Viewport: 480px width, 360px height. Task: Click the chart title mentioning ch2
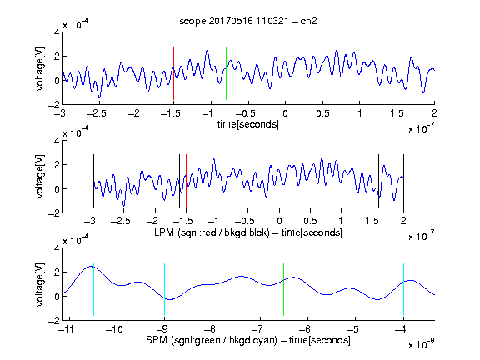pyautogui.click(x=248, y=21)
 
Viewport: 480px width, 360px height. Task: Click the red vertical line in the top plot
pyautogui.click(x=173, y=73)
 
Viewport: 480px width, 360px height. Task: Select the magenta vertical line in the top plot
pyautogui.click(x=397, y=73)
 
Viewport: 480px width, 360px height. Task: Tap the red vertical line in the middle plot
pyautogui.click(x=186, y=181)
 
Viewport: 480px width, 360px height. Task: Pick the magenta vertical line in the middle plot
pyautogui.click(x=372, y=181)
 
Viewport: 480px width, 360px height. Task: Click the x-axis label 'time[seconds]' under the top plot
pyautogui.click(x=248, y=124)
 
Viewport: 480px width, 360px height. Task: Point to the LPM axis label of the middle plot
pyautogui.click(x=248, y=232)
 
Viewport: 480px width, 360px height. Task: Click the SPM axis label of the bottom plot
pyautogui.click(x=248, y=340)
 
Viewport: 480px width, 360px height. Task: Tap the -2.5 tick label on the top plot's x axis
pyautogui.click(x=97, y=113)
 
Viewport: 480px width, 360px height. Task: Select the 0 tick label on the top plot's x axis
pyautogui.click(x=285, y=113)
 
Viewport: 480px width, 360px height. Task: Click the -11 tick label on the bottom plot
pyautogui.click(x=66, y=329)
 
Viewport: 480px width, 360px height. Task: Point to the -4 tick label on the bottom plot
pyautogui.click(x=400, y=329)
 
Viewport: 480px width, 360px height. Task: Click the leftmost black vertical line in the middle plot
pyautogui.click(x=93, y=181)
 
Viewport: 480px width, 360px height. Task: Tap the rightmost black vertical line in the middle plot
pyautogui.click(x=403, y=181)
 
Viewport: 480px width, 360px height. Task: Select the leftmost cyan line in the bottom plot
pyautogui.click(x=93, y=289)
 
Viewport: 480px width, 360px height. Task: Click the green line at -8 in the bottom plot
pyautogui.click(x=212, y=289)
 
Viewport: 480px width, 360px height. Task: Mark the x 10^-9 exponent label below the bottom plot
pyautogui.click(x=422, y=344)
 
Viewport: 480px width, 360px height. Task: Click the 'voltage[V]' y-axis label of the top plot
pyautogui.click(x=40, y=69)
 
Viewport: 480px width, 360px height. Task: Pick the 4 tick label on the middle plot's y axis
pyautogui.click(x=57, y=141)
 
